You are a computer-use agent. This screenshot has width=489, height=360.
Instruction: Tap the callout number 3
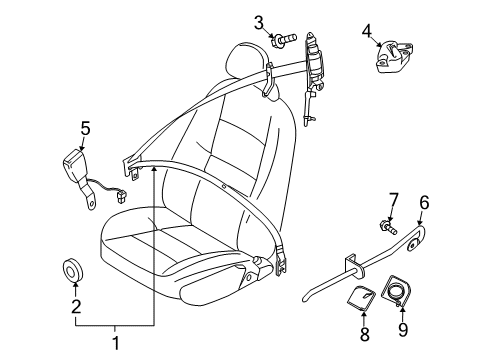click(258, 22)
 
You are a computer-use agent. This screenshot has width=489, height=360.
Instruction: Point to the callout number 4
click(367, 31)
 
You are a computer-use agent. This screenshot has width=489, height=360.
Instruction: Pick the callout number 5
click(85, 128)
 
